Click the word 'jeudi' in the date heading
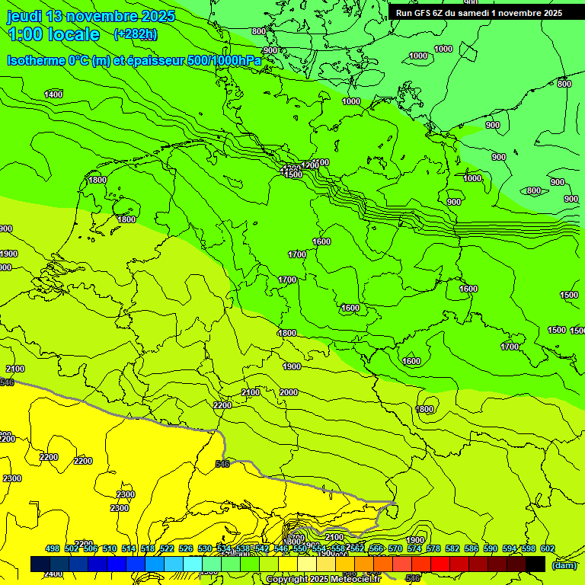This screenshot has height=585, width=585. (x=24, y=16)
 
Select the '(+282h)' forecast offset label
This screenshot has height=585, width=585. (x=136, y=34)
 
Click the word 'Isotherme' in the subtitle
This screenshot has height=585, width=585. (x=36, y=60)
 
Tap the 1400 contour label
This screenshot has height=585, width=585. (x=53, y=94)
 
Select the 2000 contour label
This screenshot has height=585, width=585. (x=289, y=392)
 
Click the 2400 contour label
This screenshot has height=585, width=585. (x=53, y=574)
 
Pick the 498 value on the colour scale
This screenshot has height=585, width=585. (x=53, y=548)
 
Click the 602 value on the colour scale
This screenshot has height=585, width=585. (x=547, y=548)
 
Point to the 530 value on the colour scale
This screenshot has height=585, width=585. (x=205, y=548)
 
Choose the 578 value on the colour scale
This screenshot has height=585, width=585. (x=433, y=548)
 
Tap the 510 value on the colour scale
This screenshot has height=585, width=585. (x=110, y=548)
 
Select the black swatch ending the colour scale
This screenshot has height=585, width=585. (x=535, y=564)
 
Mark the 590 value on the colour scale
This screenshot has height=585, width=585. (x=491, y=548)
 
